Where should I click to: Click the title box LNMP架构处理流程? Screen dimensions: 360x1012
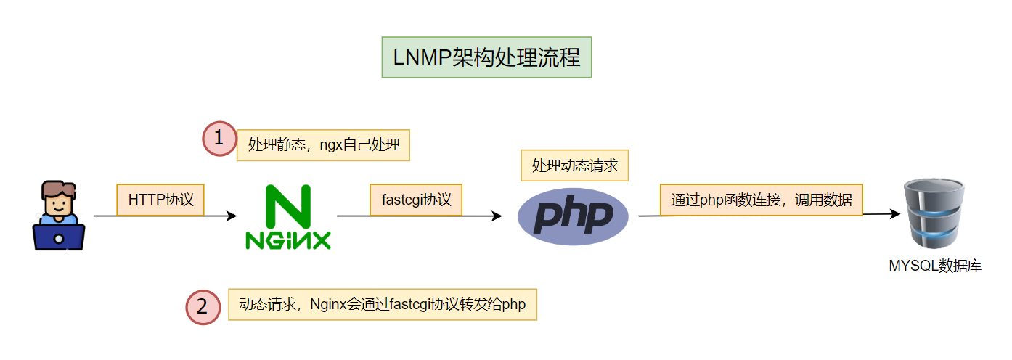486,57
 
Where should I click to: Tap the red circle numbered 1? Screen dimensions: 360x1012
219,139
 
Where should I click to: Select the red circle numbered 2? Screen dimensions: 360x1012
203,306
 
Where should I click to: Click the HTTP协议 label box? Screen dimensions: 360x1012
161,200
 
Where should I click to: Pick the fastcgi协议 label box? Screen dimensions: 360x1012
416,200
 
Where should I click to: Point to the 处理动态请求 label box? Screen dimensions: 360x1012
574,165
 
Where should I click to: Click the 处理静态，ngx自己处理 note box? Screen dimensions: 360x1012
324,144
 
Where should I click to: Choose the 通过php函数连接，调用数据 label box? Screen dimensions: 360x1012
761,200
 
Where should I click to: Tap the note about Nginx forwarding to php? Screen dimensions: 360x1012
383,305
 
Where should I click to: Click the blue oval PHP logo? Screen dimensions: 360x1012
573,216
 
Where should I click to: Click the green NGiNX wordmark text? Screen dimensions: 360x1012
288,240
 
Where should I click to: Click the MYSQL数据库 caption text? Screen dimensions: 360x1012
935,266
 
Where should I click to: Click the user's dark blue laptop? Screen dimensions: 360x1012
59,237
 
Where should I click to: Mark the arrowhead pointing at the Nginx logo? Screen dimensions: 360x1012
232,216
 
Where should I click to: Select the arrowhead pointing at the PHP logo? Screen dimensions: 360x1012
497,216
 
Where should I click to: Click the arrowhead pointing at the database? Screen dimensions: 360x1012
895,214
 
